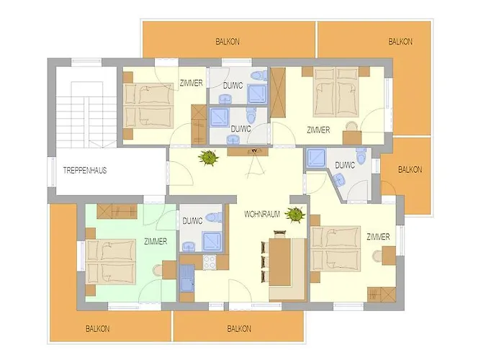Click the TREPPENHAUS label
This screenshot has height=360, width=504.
tap(85, 171)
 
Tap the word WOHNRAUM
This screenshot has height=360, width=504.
tap(262, 214)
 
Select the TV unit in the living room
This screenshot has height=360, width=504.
tap(248, 151)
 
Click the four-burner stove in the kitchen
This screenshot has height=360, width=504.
tap(210, 262)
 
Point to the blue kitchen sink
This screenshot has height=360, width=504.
tap(186, 278)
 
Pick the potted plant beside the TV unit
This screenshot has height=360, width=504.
tap(208, 158)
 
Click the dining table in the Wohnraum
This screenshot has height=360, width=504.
tap(279, 262)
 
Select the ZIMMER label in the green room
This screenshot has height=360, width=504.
tap(156, 241)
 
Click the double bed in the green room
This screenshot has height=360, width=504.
tap(111, 261)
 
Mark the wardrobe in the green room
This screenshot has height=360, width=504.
tap(117, 212)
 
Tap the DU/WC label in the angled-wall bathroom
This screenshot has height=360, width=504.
tap(345, 165)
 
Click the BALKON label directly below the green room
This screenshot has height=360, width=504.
tap(98, 329)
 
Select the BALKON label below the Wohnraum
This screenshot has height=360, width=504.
tap(239, 329)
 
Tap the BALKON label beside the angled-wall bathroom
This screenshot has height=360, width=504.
tap(410, 169)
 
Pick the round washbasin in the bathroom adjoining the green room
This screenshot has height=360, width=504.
tap(189, 246)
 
